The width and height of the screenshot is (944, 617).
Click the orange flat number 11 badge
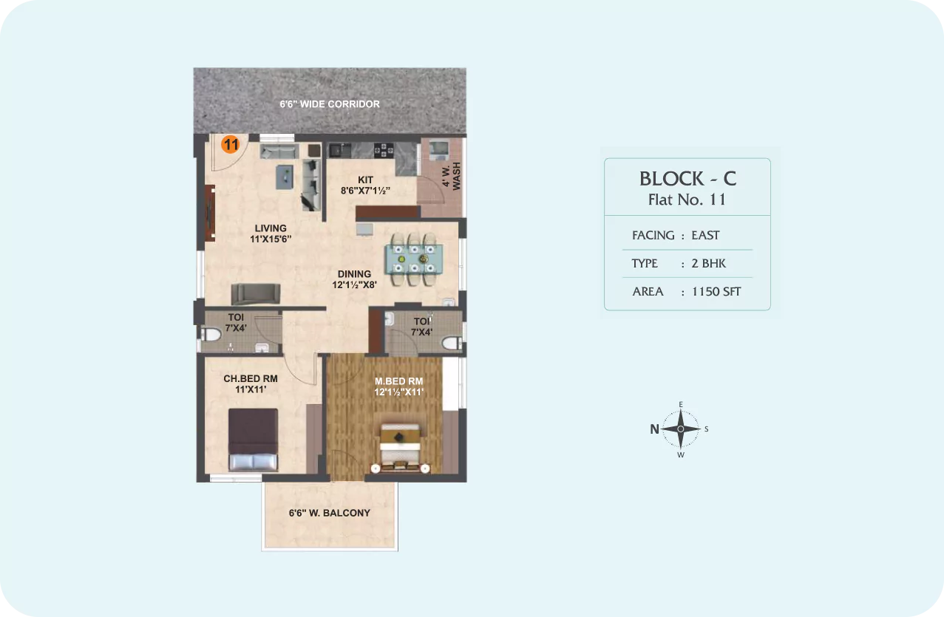pyautogui.click(x=231, y=144)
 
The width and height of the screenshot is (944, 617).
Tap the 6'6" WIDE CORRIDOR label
pyautogui.click(x=330, y=104)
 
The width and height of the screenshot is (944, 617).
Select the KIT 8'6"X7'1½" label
pyautogui.click(x=365, y=185)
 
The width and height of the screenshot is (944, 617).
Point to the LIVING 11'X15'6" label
pyautogui.click(x=271, y=233)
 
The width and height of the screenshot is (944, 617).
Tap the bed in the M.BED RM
pyautogui.click(x=400, y=448)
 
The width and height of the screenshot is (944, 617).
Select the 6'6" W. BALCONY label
pyautogui.click(x=330, y=513)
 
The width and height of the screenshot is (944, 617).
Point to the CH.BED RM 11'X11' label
pyautogui.click(x=251, y=384)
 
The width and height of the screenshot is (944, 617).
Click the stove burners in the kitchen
pyautogui.click(x=384, y=150)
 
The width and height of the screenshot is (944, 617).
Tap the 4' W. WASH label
pyautogui.click(x=452, y=176)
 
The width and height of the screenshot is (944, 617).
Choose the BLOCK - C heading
pyautogui.click(x=687, y=179)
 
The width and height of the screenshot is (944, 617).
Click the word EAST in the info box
pyautogui.click(x=705, y=235)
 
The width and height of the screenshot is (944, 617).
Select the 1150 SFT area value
pyautogui.click(x=716, y=291)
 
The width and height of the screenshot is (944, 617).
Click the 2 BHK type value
pyautogui.click(x=708, y=263)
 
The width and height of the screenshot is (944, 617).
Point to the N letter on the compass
pyautogui.click(x=654, y=429)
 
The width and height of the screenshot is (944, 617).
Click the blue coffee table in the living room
pyautogui.click(x=285, y=177)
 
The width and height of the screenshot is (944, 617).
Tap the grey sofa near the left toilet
pyautogui.click(x=256, y=294)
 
